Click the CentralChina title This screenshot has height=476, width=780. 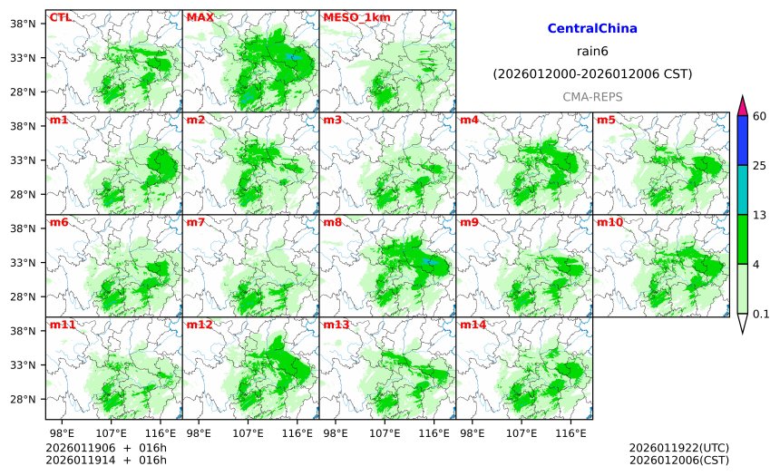coord(592,29)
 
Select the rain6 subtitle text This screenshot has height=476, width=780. coord(592,51)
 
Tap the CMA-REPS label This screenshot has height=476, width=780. coord(592,96)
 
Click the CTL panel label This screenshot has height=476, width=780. coord(60,17)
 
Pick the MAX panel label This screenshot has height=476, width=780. coord(200,17)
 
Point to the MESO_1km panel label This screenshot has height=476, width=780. coord(350,17)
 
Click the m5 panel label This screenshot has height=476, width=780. coord(606,120)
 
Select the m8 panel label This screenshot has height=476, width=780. coord(333,222)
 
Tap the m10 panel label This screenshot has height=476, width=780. coord(609,222)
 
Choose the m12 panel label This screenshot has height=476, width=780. coord(200,325)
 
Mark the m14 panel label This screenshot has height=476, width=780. coord(473,325)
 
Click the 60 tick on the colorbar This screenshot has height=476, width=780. coord(760,115)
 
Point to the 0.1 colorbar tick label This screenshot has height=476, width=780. coord(762,314)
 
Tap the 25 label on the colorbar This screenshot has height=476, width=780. coord(760,165)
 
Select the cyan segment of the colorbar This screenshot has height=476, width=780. coord(742,189)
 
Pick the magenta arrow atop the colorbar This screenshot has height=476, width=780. coord(742,104)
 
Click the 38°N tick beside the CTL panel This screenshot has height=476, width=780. coord(22,24)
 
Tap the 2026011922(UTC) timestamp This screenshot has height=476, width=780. coord(678,447)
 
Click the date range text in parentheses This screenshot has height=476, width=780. coord(592,73)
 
